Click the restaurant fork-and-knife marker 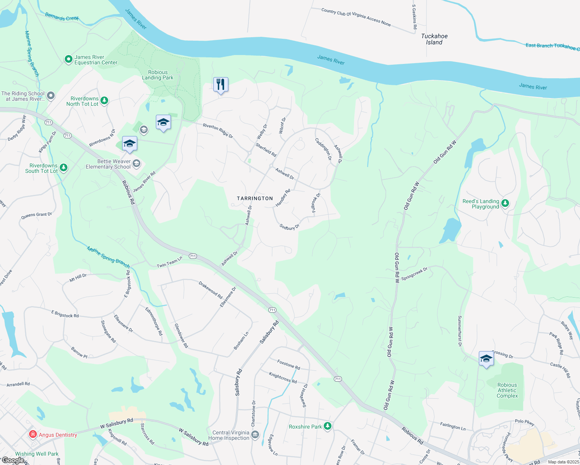pyautogui.click(x=221, y=84)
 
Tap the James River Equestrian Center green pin pyautogui.click(x=69, y=59)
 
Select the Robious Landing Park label pyautogui.click(x=158, y=75)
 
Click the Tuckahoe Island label pyautogui.click(x=434, y=39)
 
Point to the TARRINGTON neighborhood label pyautogui.click(x=255, y=198)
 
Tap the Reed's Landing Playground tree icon pyautogui.click(x=505, y=203)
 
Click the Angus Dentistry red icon pyautogui.click(x=33, y=434)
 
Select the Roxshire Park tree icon pyautogui.click(x=328, y=426)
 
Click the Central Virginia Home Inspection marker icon pyautogui.click(x=255, y=435)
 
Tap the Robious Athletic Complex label pyautogui.click(x=507, y=390)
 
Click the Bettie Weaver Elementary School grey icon pyautogui.click(x=136, y=164)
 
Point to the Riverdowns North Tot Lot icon pyautogui.click(x=104, y=101)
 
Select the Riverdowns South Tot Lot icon pyautogui.click(x=64, y=168)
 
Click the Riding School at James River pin pyautogui.click(x=51, y=96)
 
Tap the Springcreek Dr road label pyautogui.click(x=414, y=274)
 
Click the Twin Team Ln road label pyautogui.click(x=169, y=263)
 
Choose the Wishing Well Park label pyautogui.click(x=37, y=454)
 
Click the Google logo pyautogui.click(x=13, y=460)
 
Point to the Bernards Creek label pyautogui.click(x=62, y=17)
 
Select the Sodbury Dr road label pyautogui.click(x=290, y=227)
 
